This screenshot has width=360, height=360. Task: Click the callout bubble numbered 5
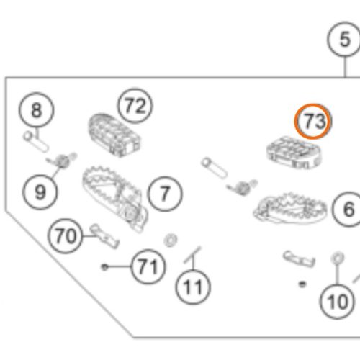point(345,39)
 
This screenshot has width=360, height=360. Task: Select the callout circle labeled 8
point(36,110)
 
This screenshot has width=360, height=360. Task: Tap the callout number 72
point(135,106)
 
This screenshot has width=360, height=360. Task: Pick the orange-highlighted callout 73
point(312,121)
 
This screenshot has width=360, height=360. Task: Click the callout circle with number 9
point(40,192)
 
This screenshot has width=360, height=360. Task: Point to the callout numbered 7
point(165,194)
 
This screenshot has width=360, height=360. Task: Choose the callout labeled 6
point(349,209)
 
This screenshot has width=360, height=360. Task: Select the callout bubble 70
point(66,236)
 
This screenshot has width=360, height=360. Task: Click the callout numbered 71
point(148,266)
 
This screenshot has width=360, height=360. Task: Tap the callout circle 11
point(193,287)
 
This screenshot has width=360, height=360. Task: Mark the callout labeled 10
point(337,302)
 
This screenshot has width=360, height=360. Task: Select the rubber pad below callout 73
point(294,153)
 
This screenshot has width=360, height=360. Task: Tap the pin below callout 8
point(36,142)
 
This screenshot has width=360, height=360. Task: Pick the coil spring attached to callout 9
point(63,161)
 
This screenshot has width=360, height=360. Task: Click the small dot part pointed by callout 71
point(104,267)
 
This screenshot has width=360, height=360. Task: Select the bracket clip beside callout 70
point(104,237)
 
